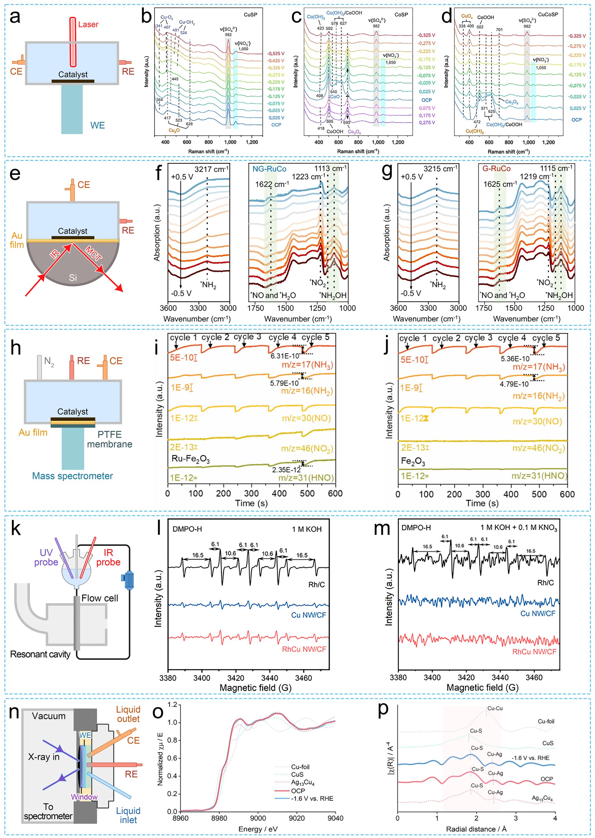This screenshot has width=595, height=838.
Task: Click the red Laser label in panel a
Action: [88, 24]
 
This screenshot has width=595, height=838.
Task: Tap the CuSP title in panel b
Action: [251, 15]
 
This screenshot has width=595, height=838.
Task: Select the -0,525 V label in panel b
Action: [276, 53]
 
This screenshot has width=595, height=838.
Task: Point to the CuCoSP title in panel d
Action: [548, 14]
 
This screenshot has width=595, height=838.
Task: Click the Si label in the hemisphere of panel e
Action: [73, 278]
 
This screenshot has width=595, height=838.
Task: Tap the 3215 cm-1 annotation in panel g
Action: [440, 169]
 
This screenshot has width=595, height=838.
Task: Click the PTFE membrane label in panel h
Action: [110, 439]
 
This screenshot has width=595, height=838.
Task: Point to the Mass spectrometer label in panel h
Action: [73, 476]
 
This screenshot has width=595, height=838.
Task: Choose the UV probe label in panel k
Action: [46, 557]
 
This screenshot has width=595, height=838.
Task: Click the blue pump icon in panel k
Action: [128, 580]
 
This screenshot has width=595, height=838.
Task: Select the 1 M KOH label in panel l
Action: [307, 529]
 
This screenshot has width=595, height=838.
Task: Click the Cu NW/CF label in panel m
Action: [538, 613]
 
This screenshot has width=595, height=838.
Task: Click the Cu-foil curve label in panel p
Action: [546, 721]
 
